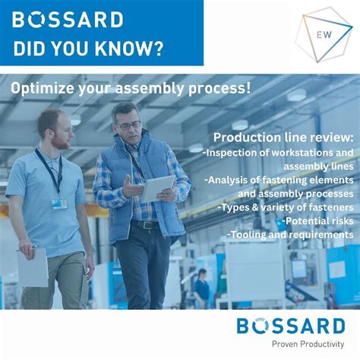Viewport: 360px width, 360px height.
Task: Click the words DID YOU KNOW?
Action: point(88,49)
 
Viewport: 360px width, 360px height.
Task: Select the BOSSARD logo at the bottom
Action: point(291,327)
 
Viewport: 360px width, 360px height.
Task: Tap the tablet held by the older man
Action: point(158,188)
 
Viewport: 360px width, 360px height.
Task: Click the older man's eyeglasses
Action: point(127,125)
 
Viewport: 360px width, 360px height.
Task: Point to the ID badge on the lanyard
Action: point(59,203)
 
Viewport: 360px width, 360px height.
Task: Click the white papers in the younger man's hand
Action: point(33,267)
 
